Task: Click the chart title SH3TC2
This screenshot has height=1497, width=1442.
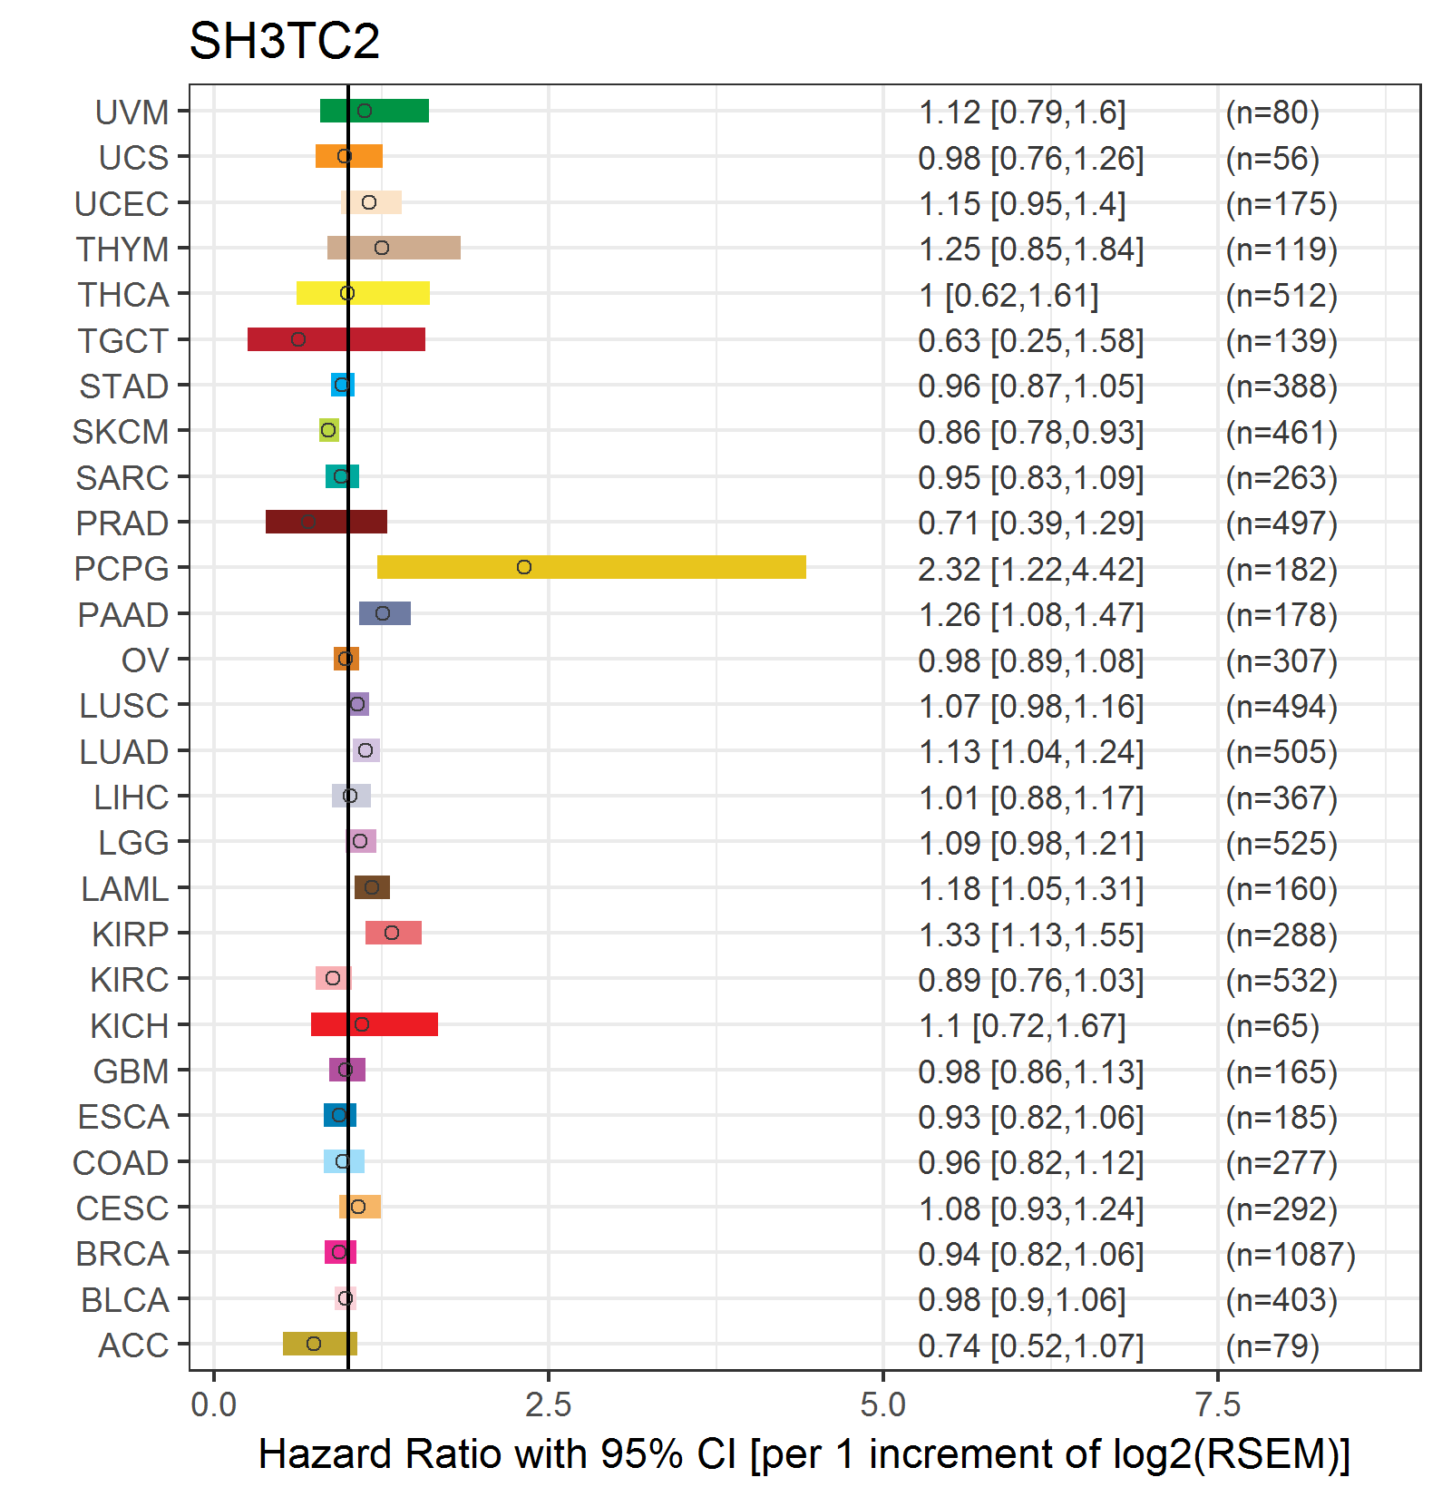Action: [284, 42]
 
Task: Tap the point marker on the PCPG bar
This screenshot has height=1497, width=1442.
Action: [524, 567]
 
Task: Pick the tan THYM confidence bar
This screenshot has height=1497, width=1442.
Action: [417, 248]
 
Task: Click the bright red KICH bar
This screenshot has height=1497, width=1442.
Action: [399, 1024]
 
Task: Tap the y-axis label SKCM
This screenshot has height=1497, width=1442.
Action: [121, 432]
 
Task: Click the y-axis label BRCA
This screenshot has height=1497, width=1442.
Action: [122, 1254]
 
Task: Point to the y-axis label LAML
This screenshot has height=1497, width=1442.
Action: [125, 889]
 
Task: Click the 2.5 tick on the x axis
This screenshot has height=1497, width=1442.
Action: [549, 1404]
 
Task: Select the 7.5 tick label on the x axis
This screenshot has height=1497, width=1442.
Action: [1218, 1404]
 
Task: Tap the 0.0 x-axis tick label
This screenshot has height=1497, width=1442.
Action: [214, 1404]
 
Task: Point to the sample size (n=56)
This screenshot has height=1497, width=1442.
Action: [1272, 158]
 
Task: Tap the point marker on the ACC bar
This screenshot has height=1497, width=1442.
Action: [314, 1344]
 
